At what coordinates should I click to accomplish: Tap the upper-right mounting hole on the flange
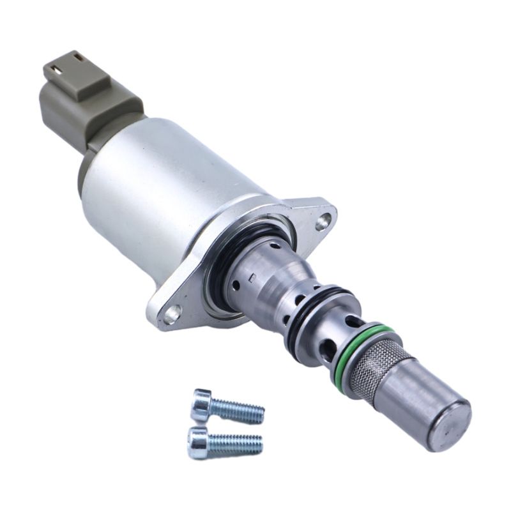tap(324, 221)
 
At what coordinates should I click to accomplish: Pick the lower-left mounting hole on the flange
tap(171, 314)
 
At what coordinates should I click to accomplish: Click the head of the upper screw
tap(202, 404)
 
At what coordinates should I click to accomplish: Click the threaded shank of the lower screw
tap(238, 443)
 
